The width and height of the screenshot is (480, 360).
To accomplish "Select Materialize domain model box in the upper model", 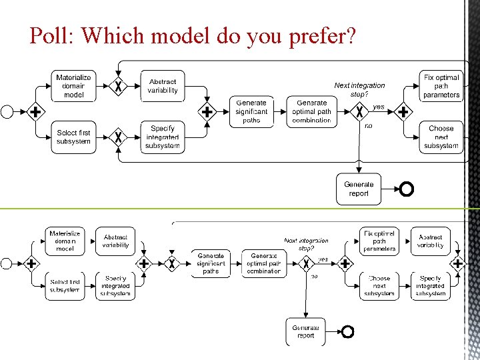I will click(x=73, y=86).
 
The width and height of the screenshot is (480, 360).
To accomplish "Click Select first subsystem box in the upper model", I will click(x=73, y=137).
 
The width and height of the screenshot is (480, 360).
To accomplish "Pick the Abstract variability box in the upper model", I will click(x=163, y=86).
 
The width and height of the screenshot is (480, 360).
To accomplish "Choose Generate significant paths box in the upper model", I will click(x=251, y=111).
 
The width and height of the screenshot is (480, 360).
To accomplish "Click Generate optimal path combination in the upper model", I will click(x=311, y=111).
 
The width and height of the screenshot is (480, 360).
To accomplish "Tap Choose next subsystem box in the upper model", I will click(x=441, y=137).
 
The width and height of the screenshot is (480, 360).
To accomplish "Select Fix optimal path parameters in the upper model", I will click(x=441, y=86).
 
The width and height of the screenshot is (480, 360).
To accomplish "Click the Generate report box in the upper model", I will click(x=359, y=189).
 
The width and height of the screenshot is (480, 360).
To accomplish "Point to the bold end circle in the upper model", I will click(x=406, y=189).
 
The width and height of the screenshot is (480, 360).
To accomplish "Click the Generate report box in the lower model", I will click(x=306, y=331).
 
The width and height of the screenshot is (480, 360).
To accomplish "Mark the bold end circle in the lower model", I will click(x=347, y=331).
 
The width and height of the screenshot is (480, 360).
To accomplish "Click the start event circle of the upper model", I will click(x=7, y=112).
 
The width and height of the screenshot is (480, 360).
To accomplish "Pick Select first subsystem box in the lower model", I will click(x=65, y=286).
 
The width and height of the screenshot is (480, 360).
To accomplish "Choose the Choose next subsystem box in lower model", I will click(x=379, y=286).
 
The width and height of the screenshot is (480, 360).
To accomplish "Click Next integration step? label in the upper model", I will click(x=359, y=89).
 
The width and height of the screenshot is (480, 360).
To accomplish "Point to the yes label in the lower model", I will click(x=323, y=259).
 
